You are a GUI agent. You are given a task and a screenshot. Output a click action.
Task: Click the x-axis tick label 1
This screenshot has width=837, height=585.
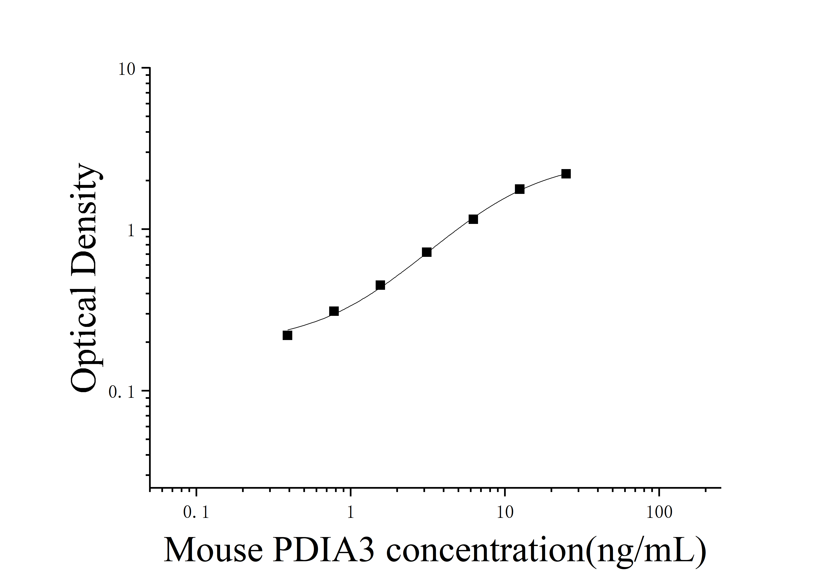[350, 512]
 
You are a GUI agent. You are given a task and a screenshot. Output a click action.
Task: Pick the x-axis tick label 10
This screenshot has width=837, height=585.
[505, 512]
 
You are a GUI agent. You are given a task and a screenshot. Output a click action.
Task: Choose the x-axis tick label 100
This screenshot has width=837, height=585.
[659, 512]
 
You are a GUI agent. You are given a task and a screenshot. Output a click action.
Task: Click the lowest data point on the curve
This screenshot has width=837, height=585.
[287, 335]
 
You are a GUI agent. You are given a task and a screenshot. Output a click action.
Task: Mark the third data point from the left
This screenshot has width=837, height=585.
[380, 285]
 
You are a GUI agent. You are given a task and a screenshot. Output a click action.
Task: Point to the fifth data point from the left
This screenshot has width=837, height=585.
[473, 219]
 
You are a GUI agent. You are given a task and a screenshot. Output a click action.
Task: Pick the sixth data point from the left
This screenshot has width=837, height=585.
[520, 189]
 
